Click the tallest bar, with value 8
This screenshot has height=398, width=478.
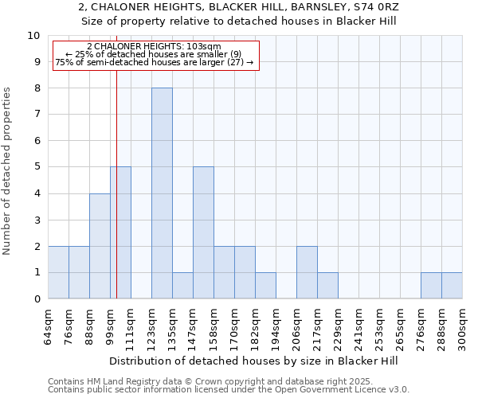[x=162, y=193]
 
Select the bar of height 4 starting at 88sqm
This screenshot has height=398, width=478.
[x=100, y=246]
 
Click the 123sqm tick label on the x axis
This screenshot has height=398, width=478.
[x=151, y=325]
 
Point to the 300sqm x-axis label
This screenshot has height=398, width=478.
[x=462, y=325]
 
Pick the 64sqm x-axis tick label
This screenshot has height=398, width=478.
[x=48, y=325]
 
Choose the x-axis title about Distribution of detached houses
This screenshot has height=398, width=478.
[x=254, y=361]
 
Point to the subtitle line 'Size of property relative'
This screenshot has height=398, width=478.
[x=238, y=21]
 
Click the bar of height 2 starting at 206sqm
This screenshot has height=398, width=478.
[x=307, y=272]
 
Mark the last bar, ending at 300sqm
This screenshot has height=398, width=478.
[x=452, y=286]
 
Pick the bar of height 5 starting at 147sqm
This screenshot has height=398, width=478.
[x=203, y=232]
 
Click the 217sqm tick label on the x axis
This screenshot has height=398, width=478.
[x=317, y=325]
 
